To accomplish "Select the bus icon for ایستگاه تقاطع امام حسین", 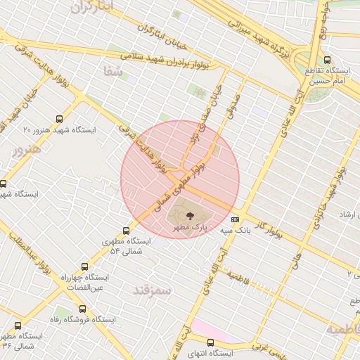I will (328, 60).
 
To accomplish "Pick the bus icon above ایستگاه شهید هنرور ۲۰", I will (59, 120).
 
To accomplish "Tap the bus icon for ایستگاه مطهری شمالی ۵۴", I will (127, 231).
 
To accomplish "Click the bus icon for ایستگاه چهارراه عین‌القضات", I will (85, 267).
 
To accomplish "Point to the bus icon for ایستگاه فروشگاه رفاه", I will (83, 308).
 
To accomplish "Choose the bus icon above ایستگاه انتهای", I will (210, 342).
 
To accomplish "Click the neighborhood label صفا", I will (112, 72).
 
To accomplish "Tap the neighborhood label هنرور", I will (27, 149).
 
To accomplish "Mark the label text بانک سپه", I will (234, 230).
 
